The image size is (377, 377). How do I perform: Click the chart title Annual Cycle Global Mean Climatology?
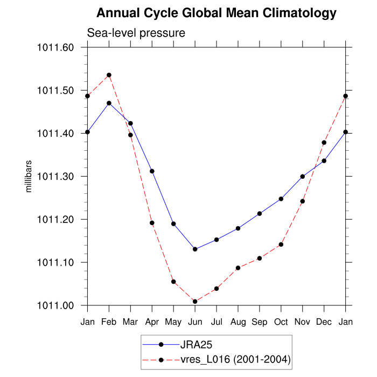tap(217, 13)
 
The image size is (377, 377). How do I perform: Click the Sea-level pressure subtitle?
tap(136, 33)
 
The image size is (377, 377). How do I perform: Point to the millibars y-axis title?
tap(29, 176)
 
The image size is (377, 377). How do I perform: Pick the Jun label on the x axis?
tap(195, 322)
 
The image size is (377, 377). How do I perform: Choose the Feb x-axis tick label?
tap(109, 322)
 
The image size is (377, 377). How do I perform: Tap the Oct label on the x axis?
tap(281, 322)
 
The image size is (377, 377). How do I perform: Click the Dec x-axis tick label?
tap(324, 322)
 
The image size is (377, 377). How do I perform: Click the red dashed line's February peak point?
tap(109, 75)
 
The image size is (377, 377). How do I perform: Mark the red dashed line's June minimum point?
tap(195, 302)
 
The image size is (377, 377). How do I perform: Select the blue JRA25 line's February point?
tap(109, 103)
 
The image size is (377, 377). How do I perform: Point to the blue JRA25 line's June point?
tap(195, 249)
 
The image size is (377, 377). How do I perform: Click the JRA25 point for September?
tap(260, 214)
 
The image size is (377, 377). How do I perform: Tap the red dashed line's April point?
tap(152, 223)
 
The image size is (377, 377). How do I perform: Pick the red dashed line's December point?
tap(324, 143)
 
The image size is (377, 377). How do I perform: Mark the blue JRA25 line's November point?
tap(303, 176)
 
